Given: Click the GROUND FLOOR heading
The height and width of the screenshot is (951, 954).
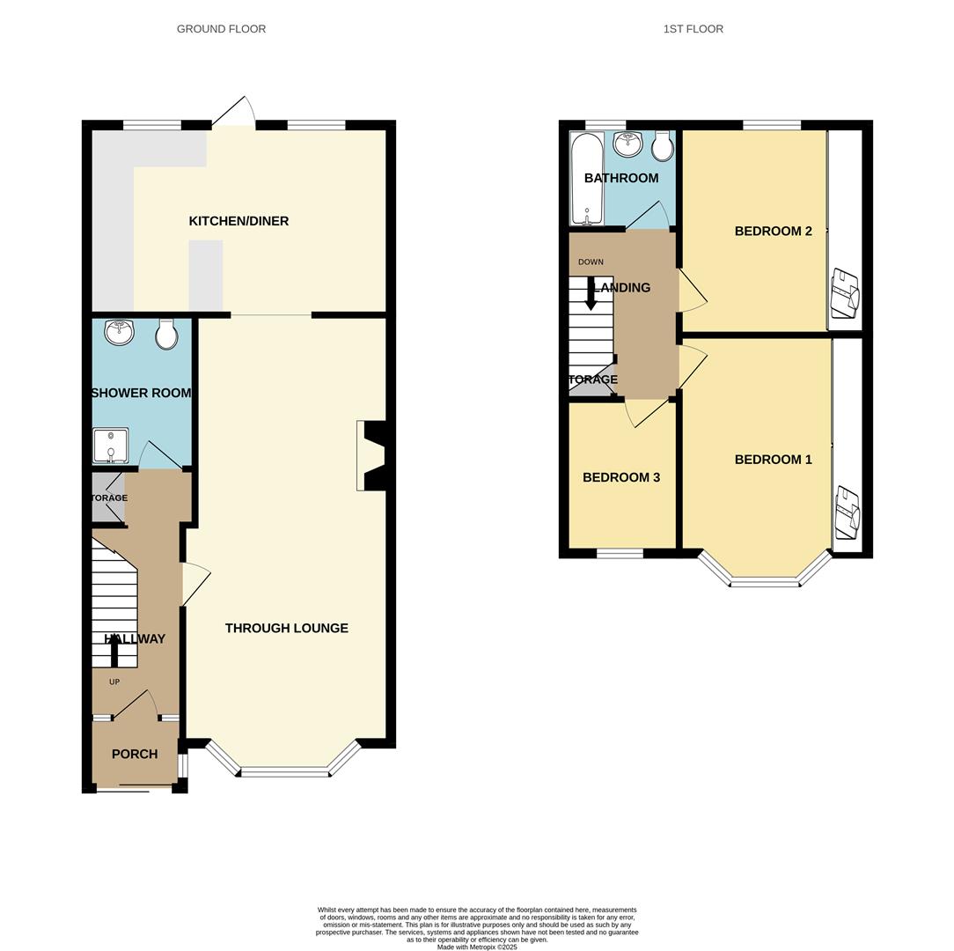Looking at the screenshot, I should click(x=221, y=29).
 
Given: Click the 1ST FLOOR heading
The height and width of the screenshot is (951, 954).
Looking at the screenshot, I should click(x=693, y=29).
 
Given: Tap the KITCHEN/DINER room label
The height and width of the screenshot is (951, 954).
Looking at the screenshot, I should click(x=238, y=221).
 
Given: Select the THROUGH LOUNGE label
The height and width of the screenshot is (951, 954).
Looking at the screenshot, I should click(x=286, y=628).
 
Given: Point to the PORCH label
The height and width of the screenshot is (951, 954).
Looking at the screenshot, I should click(x=135, y=754).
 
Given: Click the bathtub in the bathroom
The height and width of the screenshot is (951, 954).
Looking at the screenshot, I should click(x=586, y=178).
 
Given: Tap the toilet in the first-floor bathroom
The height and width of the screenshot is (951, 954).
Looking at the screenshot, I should click(x=663, y=146).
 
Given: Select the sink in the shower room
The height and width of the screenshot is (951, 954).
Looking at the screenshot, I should click(x=118, y=332).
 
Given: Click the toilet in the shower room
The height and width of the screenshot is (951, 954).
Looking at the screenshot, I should click(x=165, y=333).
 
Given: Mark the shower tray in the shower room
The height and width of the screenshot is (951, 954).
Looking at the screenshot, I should click(x=110, y=446).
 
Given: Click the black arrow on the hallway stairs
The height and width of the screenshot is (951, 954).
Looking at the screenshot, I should click(x=114, y=650).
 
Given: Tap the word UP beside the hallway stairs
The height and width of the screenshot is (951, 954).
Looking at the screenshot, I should click(x=114, y=682).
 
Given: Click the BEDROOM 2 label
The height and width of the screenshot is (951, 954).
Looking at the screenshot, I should click(x=773, y=232).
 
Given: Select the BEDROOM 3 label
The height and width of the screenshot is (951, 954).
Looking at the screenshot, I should click(x=620, y=477).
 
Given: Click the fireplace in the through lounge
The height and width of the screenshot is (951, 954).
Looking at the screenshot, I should click(x=371, y=455).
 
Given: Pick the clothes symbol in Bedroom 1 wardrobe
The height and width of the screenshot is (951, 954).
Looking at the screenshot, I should click(x=847, y=512).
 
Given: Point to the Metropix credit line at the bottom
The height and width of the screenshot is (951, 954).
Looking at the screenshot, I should click(x=477, y=947).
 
